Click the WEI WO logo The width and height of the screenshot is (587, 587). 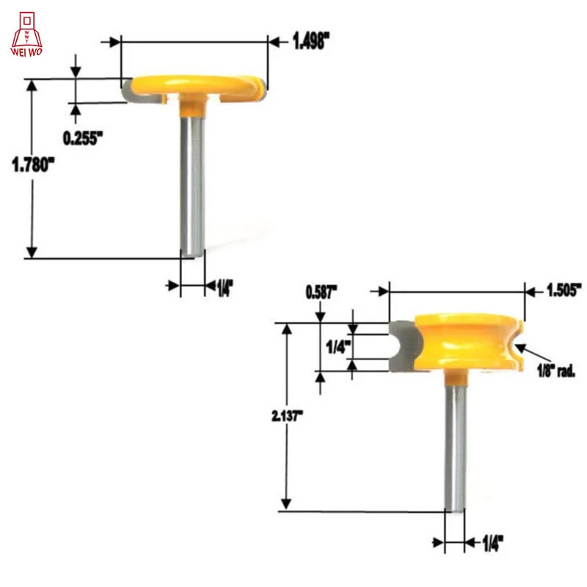tap(26, 34)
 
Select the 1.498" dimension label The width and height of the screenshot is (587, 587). tap(310, 41)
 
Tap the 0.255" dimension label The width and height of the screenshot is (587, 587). tap(82, 139)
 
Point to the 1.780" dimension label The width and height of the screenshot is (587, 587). tap(33, 164)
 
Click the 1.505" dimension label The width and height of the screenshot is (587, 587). tap(564, 290)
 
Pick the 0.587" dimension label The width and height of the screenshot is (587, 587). tap(321, 292)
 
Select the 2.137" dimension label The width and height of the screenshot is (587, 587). tap(287, 416)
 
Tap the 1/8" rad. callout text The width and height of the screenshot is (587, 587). tap(556, 371)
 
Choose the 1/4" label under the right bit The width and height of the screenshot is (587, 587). tap(492, 543)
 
